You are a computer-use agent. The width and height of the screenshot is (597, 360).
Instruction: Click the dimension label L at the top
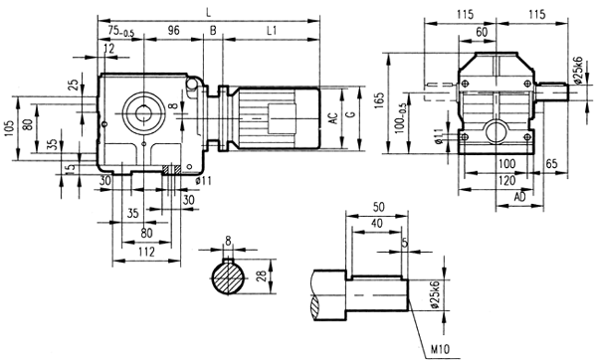(207, 10)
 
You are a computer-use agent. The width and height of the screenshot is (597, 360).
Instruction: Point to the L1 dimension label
(272, 31)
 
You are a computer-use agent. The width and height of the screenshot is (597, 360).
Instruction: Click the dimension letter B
(213, 31)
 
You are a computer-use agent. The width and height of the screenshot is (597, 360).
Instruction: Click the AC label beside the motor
(333, 117)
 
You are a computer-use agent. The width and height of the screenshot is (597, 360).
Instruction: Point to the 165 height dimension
(382, 100)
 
